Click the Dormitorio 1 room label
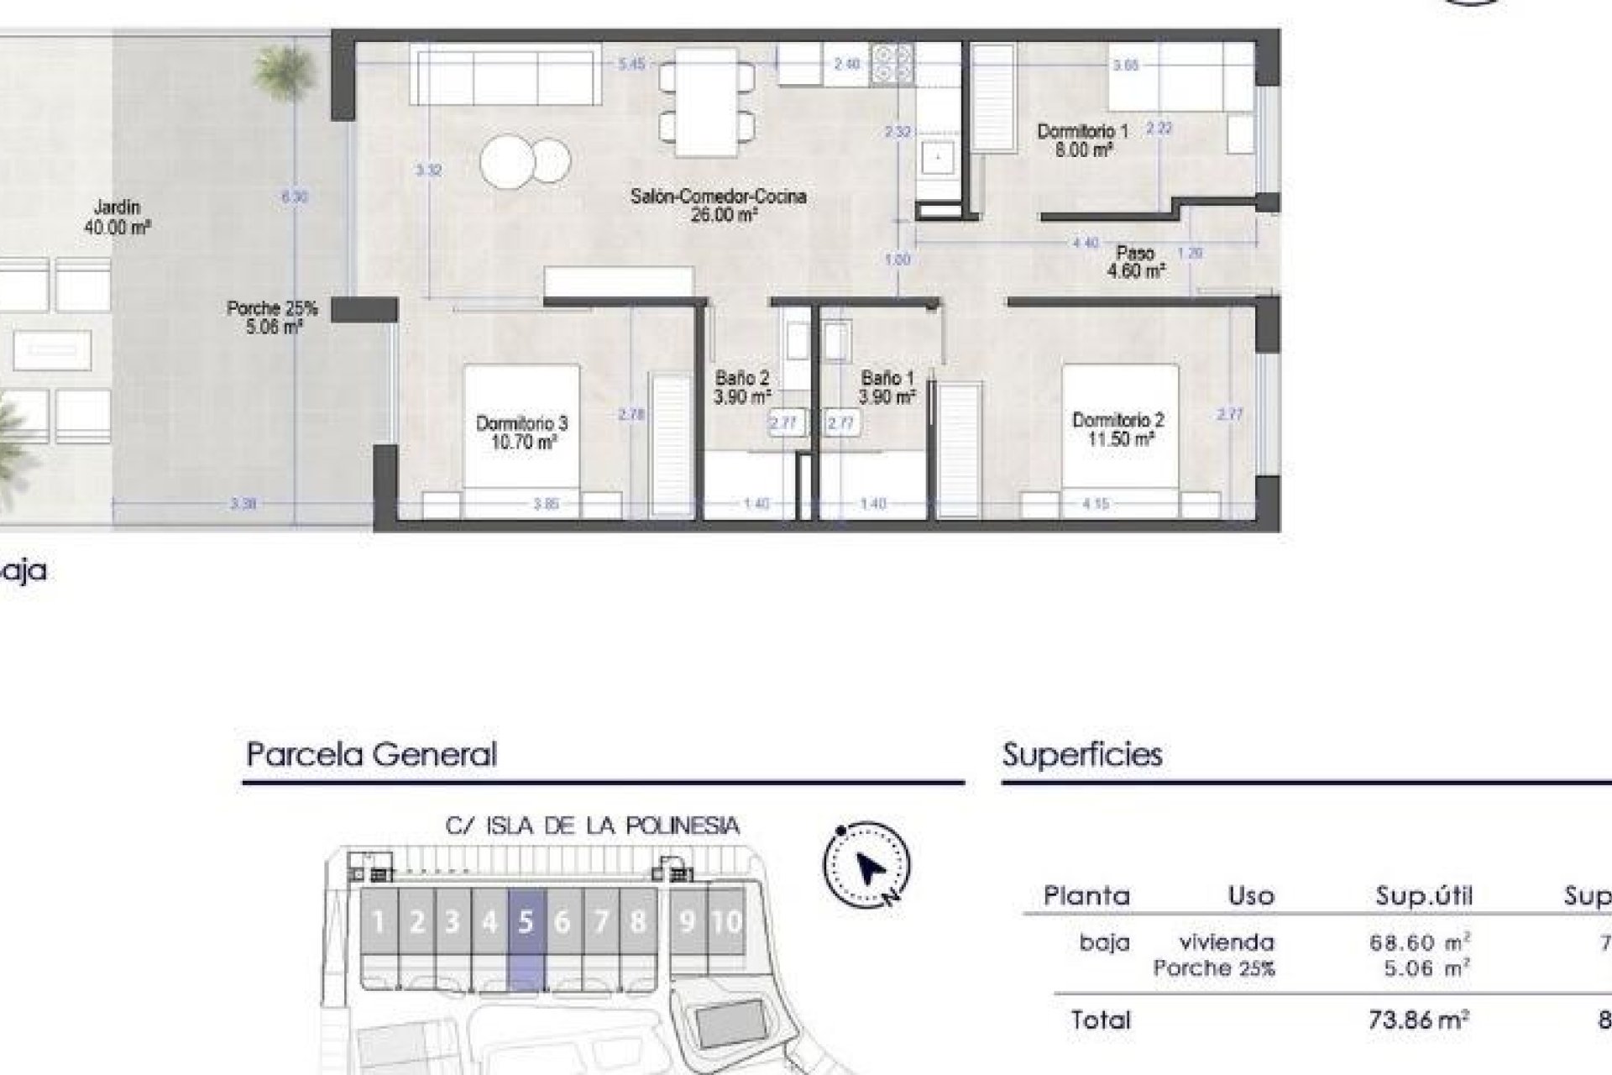1083,140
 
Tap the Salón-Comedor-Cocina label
718,205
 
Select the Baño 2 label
741,387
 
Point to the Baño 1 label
887,387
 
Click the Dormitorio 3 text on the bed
521,432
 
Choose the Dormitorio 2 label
1117,428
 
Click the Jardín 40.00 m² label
117,216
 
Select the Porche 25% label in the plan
272,317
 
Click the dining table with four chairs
705,102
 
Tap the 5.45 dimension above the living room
631,63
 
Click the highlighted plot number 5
526,922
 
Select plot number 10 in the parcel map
726,922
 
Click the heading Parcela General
371,754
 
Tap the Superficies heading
1082,754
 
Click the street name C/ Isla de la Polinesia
593,826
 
